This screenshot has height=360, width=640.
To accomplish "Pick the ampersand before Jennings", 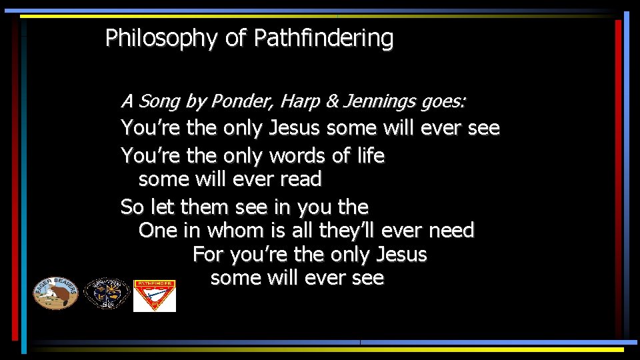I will coord(332,102).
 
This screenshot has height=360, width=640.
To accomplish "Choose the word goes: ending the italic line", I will coord(444,102).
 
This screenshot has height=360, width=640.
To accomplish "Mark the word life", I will coord(370,156).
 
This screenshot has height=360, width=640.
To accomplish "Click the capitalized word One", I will coord(155,231).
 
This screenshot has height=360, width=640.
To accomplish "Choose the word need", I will coord(451,231).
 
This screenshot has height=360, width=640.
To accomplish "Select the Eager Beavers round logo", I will coord(56,293).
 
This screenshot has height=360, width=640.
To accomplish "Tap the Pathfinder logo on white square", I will coord(155,295).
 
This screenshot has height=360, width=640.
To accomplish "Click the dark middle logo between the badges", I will coord(106,294).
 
